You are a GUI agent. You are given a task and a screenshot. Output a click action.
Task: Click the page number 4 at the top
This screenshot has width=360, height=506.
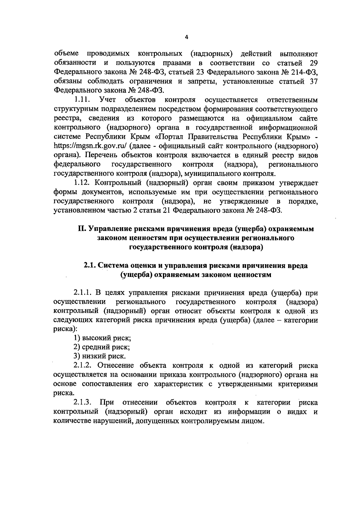(x=186, y=37)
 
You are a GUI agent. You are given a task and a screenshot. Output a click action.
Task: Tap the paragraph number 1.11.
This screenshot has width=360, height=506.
(x=83, y=99)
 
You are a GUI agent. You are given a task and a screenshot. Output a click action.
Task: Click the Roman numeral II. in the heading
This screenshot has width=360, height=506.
(x=82, y=229)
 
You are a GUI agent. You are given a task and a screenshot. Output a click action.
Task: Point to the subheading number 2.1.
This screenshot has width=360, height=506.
(x=90, y=266)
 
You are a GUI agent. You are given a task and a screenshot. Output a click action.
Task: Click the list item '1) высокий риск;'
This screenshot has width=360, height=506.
(x=102, y=338)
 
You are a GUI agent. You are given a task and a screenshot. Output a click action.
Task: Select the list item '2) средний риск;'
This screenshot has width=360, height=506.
(x=102, y=347)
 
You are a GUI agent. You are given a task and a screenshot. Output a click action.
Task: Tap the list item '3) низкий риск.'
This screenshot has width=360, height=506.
(x=100, y=356)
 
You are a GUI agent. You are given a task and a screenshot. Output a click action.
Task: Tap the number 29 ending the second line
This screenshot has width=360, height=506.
(x=313, y=63)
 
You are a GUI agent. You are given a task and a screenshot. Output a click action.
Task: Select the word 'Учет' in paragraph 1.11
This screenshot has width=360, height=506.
(x=109, y=99)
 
